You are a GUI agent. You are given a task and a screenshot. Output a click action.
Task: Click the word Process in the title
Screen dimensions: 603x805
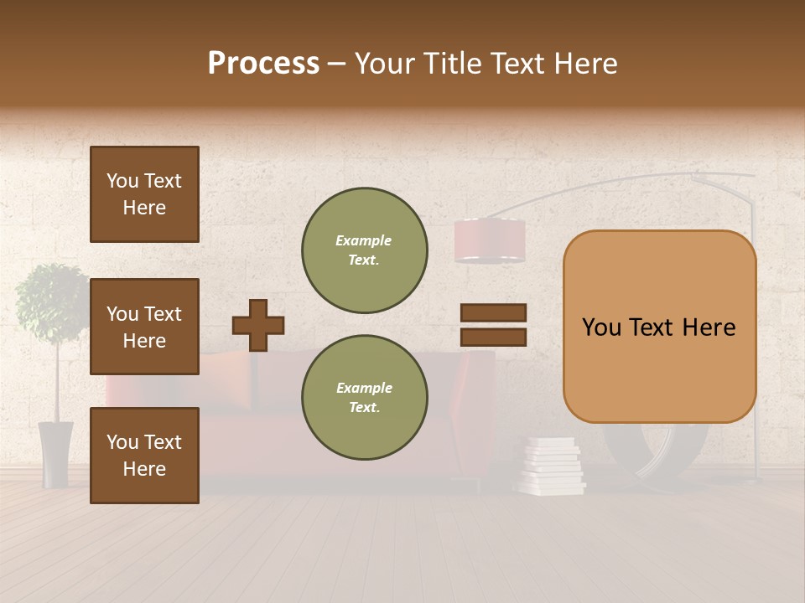(x=263, y=64)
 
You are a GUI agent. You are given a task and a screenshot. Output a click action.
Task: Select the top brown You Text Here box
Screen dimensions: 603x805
(x=144, y=194)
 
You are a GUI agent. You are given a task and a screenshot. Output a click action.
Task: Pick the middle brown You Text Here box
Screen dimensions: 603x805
(x=144, y=327)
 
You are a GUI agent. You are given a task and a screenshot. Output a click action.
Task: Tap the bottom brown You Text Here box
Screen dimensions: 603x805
(x=144, y=455)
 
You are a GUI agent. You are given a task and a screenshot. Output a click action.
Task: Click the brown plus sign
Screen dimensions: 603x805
(x=258, y=325)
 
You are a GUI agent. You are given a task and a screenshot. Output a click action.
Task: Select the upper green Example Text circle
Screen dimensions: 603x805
(x=365, y=250)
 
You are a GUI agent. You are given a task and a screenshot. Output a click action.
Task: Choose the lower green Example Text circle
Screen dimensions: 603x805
(x=365, y=397)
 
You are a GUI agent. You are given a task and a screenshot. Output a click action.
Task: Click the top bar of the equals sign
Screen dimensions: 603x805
(x=493, y=312)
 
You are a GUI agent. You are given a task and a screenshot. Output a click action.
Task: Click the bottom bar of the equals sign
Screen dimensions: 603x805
(x=493, y=337)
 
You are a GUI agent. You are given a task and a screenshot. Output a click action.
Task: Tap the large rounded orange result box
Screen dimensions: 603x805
(x=659, y=327)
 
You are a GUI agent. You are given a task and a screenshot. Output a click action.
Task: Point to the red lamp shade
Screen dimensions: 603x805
(x=490, y=241)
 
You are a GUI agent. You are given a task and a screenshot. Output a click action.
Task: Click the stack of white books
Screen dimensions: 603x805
(x=551, y=466)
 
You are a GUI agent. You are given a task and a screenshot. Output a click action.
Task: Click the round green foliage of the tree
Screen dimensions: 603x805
(x=52, y=301)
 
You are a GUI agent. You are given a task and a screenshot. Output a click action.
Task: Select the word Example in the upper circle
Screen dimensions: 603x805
(x=363, y=240)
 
